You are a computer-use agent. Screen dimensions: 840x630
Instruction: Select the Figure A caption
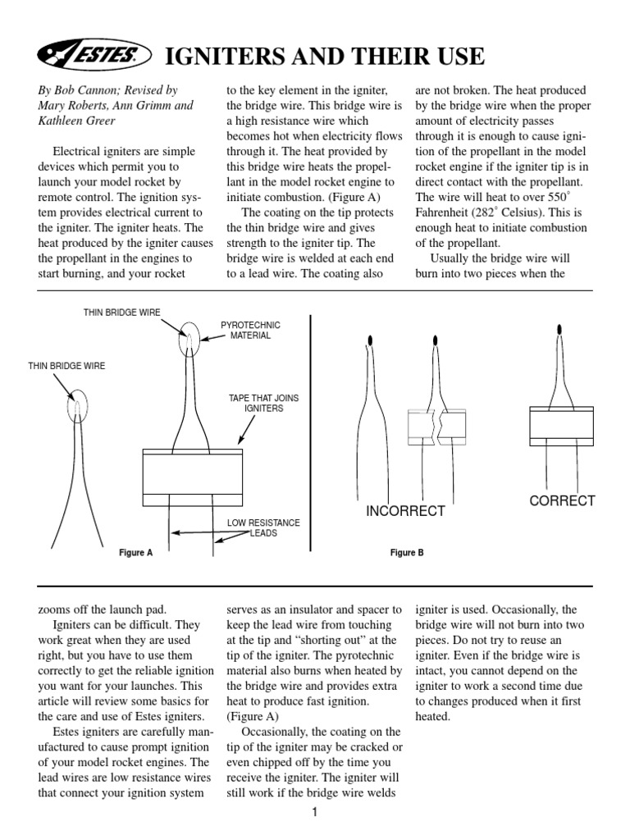coord(136,553)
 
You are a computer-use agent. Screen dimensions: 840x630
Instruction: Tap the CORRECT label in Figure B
coord(562,501)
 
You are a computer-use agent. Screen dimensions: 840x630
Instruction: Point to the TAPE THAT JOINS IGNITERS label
coord(263,403)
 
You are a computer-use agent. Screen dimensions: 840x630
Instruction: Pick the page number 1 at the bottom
coord(315,813)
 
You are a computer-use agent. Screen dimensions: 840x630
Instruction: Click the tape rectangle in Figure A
coord(192,475)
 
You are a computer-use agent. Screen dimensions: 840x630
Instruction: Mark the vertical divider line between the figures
coord(311,435)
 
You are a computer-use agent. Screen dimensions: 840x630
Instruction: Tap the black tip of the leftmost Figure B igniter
coord(370,340)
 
